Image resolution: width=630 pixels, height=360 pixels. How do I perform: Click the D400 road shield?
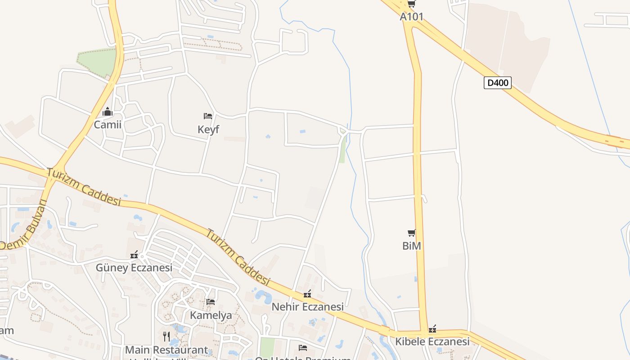(x=497, y=83)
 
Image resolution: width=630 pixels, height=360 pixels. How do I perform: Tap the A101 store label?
(x=411, y=17)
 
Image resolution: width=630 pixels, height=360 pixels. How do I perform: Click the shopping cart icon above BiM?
(x=411, y=233)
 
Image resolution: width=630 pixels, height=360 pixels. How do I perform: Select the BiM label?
(x=411, y=246)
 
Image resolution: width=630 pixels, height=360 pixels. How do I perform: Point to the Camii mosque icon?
(x=107, y=112)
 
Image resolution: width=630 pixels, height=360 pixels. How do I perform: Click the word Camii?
(x=107, y=124)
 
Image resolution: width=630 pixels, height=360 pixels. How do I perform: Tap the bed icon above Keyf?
(x=208, y=116)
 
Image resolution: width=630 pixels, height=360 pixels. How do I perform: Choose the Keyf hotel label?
(x=208, y=130)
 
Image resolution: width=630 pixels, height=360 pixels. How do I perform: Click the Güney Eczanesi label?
(x=134, y=268)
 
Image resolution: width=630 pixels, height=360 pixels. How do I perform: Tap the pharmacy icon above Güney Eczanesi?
(x=134, y=255)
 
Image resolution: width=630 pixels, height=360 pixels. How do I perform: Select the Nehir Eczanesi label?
(x=307, y=307)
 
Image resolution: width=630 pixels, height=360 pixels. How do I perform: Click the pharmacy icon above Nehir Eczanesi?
(x=307, y=294)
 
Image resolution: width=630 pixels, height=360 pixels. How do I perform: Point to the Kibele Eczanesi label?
(x=432, y=341)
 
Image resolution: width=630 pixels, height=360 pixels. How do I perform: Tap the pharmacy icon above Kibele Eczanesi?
(x=432, y=328)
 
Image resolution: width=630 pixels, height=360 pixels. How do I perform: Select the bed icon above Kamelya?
(x=210, y=302)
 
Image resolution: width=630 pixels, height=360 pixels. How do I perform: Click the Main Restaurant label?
(x=166, y=350)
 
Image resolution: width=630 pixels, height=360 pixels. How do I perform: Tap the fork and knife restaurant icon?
(x=166, y=337)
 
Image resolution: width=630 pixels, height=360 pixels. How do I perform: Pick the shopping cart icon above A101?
(x=411, y=4)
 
